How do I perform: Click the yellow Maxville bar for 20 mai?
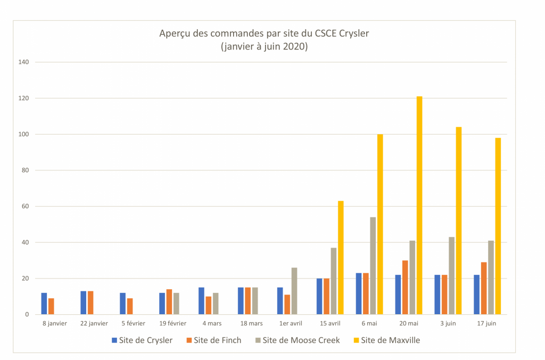419,206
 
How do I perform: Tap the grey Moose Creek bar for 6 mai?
373,266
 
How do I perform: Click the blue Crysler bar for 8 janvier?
44,304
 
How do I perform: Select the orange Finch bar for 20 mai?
406,288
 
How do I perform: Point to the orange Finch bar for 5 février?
130,306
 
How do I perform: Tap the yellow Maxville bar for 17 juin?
498,226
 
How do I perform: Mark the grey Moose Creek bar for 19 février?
176,304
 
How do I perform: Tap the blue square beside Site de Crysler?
114,340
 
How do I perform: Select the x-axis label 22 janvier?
94,323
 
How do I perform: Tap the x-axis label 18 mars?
251,323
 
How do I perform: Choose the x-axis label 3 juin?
448,323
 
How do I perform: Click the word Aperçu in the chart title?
175,34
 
